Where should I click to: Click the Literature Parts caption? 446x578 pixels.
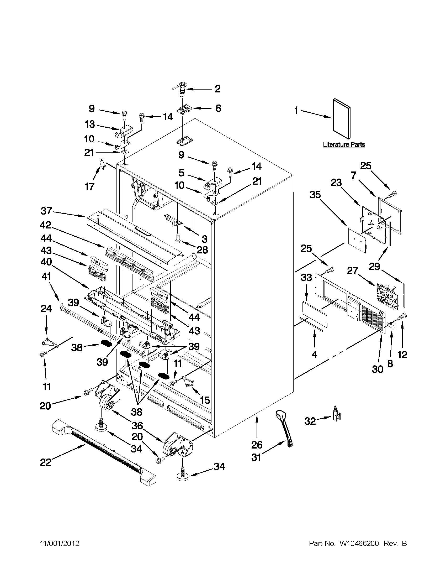click(x=344, y=144)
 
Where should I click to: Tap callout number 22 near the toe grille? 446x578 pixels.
click(x=45, y=462)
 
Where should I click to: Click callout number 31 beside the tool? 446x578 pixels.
click(x=256, y=457)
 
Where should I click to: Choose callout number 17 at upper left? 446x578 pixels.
click(x=90, y=186)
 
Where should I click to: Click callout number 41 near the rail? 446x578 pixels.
click(x=46, y=276)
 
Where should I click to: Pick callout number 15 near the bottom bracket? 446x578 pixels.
click(x=205, y=400)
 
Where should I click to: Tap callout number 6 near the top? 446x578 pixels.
click(x=218, y=108)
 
